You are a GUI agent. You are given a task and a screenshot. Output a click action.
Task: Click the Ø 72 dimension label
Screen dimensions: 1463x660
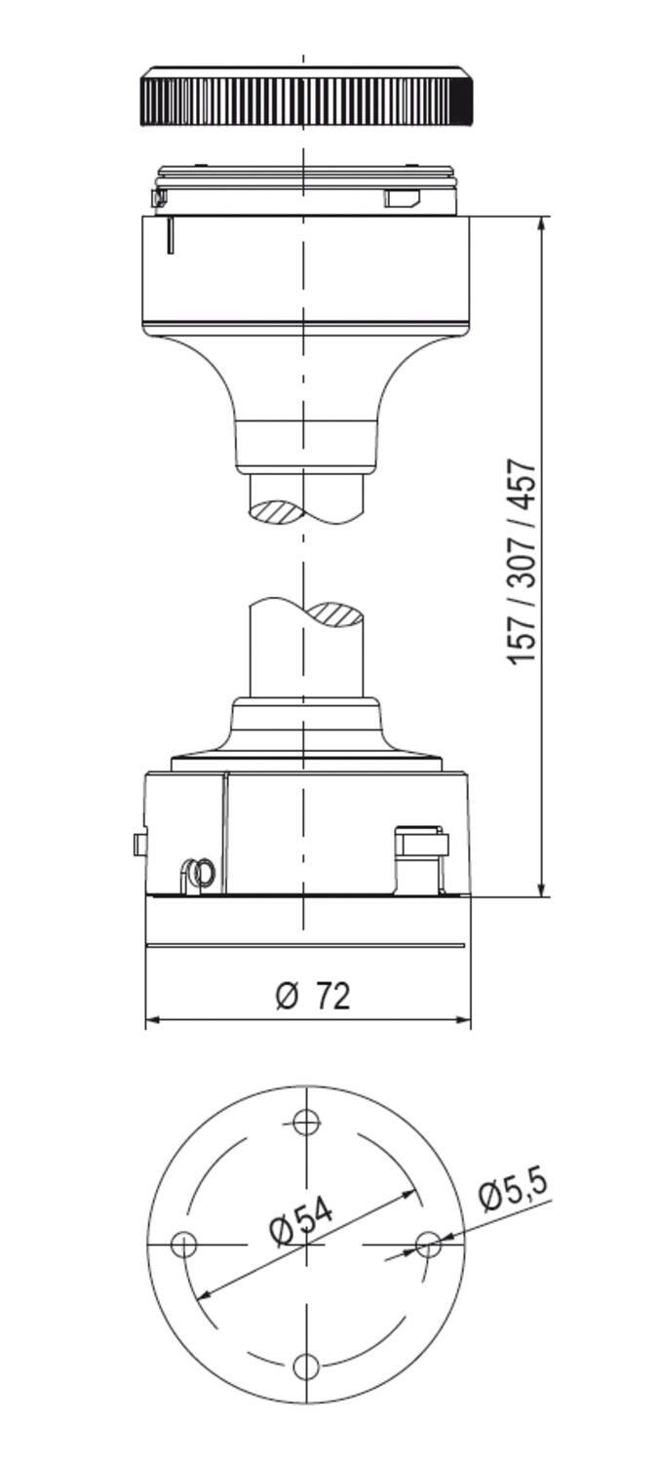[x=313, y=996]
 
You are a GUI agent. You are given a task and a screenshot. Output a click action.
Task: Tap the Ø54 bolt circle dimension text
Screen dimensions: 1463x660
[x=301, y=1218]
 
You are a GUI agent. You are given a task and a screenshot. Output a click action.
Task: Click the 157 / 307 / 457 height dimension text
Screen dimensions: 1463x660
[x=523, y=562]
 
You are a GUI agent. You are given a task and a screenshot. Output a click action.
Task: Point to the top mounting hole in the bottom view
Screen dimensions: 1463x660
[x=306, y=1123]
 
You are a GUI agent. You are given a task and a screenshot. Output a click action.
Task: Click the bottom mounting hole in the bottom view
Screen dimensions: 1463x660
[x=306, y=1366]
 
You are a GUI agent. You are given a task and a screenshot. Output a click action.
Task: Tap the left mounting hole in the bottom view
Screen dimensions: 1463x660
[x=183, y=1245]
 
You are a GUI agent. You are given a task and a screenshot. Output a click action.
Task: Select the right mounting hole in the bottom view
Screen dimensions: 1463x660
[x=428, y=1245]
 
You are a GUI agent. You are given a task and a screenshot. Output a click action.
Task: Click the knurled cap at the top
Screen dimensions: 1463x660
[x=307, y=97]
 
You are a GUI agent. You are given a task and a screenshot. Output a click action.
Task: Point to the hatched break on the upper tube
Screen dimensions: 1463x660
[x=277, y=510]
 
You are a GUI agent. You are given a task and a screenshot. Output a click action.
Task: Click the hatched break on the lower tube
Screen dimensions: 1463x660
[x=336, y=614]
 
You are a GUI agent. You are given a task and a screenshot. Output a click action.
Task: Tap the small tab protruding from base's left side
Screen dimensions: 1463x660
[x=138, y=844]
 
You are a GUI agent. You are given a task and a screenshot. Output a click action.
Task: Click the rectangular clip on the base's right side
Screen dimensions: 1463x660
[x=420, y=844]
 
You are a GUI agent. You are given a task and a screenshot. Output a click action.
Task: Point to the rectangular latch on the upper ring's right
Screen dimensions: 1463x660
[x=402, y=199]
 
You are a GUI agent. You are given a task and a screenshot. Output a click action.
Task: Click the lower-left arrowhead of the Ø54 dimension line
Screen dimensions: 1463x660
[x=203, y=1294]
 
